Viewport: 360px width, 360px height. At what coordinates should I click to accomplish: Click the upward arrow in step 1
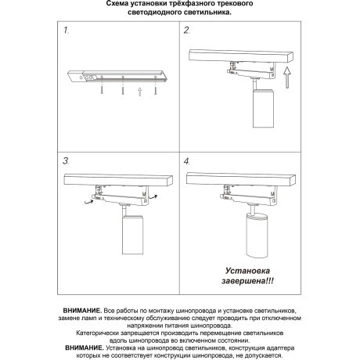(139, 91)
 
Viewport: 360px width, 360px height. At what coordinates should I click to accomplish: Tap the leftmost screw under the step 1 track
(103, 91)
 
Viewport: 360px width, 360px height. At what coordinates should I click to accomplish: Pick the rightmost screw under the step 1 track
(156, 91)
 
